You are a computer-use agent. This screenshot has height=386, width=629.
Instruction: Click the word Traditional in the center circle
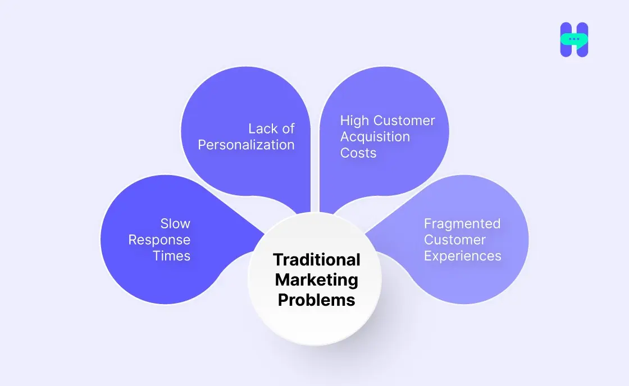(317, 260)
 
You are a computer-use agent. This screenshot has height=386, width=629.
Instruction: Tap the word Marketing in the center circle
(317, 279)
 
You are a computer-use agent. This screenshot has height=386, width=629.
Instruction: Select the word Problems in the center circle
(317, 300)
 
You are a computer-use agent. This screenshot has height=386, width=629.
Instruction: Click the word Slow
(175, 223)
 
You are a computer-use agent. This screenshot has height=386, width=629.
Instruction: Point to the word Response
(159, 240)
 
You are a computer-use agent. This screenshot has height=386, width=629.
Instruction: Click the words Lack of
(271, 128)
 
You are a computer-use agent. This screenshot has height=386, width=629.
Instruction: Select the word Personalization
(246, 145)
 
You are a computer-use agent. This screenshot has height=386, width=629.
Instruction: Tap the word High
(355, 121)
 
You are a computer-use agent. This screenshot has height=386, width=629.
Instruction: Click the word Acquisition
(375, 136)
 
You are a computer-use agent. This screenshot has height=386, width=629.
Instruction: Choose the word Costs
(358, 153)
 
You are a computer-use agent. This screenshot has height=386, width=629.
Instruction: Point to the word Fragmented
(462, 223)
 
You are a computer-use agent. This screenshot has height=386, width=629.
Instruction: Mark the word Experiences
(462, 256)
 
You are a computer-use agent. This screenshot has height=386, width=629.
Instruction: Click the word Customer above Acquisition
(404, 121)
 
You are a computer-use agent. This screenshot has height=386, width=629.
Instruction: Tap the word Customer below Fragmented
(454, 240)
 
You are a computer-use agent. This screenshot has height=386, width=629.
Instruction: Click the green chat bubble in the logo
(574, 40)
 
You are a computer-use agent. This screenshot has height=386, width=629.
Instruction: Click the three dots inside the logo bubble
(573, 39)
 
